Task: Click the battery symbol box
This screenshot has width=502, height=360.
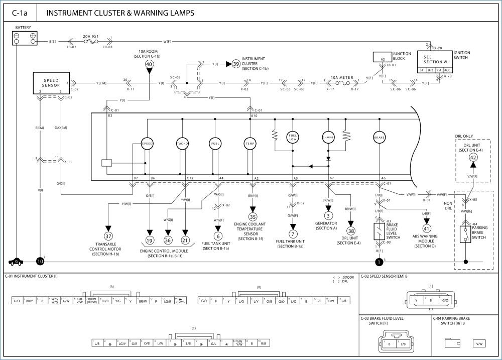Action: [x=25, y=39]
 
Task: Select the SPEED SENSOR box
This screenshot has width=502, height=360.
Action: [x=51, y=83]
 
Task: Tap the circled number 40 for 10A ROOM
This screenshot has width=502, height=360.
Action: [x=149, y=64]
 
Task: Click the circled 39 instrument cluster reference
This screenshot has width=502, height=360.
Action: [x=235, y=64]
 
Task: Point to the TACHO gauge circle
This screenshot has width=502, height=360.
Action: [x=182, y=143]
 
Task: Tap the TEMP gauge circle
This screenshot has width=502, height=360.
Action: [x=249, y=143]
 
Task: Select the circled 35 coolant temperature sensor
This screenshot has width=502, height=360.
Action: [x=253, y=217]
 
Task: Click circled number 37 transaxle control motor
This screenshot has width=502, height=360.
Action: [x=108, y=235]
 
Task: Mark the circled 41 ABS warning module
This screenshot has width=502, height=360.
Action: [x=427, y=227]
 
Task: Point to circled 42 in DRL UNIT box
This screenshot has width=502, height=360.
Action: [x=473, y=157]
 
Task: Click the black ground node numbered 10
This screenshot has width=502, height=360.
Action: [x=40, y=262]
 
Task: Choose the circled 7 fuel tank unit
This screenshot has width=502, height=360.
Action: [x=293, y=233]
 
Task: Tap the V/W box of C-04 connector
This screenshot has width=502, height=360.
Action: [x=480, y=343]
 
